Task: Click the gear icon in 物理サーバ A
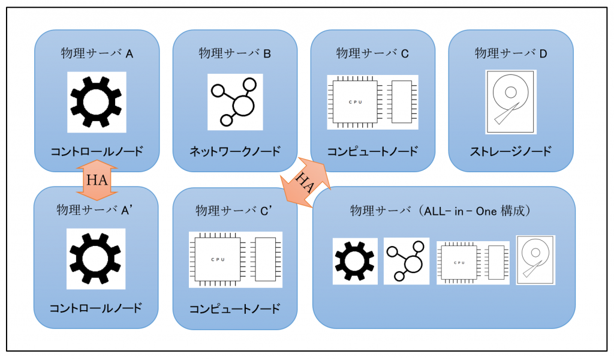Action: click(x=97, y=102)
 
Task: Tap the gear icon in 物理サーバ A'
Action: click(x=95, y=259)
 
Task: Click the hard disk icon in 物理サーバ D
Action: click(x=511, y=102)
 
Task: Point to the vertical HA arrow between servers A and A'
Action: click(x=97, y=180)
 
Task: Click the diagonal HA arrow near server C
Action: click(x=305, y=182)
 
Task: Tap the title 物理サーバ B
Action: click(x=234, y=53)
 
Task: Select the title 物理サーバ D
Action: click(x=511, y=53)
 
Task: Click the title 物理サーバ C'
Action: click(x=234, y=211)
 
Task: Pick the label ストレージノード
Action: click(x=511, y=151)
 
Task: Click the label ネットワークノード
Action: click(x=235, y=151)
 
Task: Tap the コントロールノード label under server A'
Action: click(x=95, y=308)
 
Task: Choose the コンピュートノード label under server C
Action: click(x=372, y=151)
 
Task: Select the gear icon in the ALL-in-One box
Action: click(x=355, y=261)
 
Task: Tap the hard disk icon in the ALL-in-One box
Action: click(x=535, y=260)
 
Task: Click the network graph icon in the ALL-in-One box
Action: click(x=406, y=261)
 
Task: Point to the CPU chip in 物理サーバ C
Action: click(x=356, y=102)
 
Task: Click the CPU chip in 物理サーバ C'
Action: click(x=218, y=260)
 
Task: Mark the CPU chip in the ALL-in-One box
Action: click(x=459, y=262)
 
